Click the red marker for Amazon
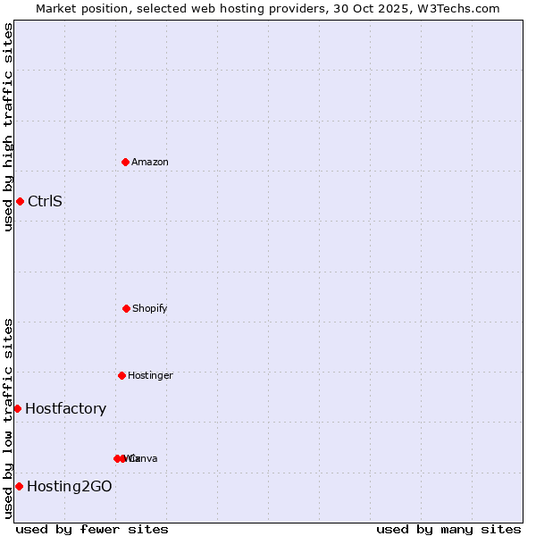point(126,162)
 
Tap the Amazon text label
point(150,162)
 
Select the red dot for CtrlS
point(20,201)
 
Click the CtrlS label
point(45,201)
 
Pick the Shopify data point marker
point(126,308)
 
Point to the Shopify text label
point(150,308)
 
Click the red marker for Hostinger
point(121,375)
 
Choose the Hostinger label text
point(150,375)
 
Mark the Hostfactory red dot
point(17,408)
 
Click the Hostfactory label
point(65,409)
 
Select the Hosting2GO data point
point(19,486)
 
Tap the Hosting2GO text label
point(70,487)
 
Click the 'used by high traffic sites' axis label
point(8,127)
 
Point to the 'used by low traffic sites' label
point(8,418)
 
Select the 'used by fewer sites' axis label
point(92,529)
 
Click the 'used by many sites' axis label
point(448,529)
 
